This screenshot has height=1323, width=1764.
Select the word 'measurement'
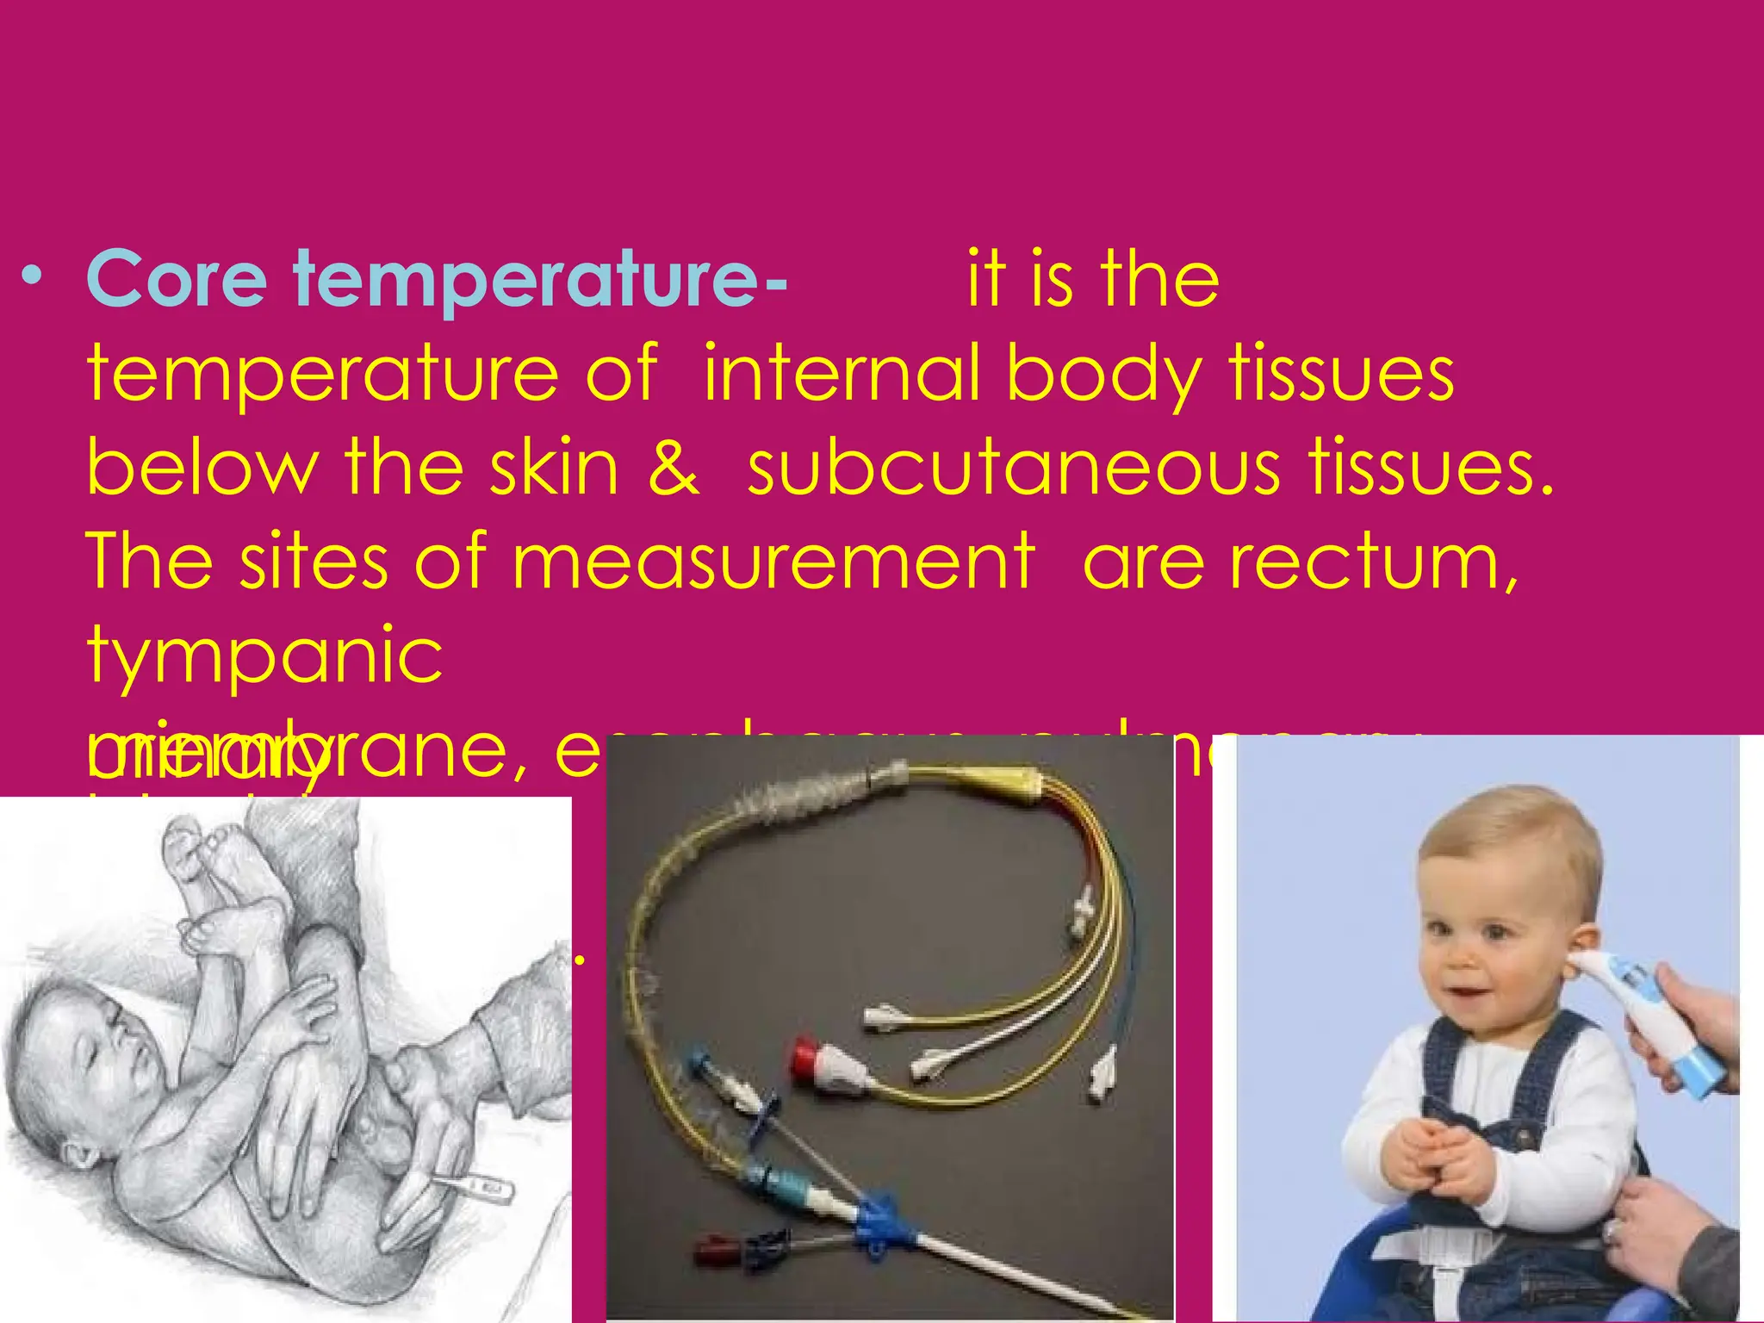click(773, 562)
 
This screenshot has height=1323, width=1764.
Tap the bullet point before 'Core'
click(33, 276)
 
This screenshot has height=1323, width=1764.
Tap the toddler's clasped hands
click(1434, 1154)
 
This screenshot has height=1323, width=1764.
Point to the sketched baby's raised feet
click(215, 870)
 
